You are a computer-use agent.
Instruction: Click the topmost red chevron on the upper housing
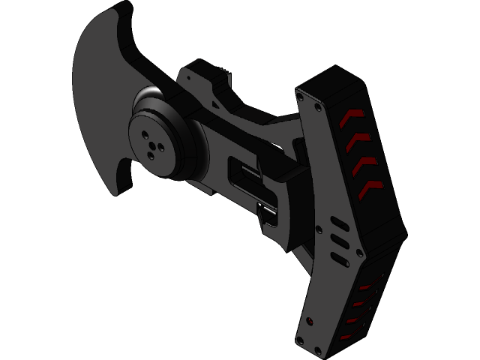[x=351, y=116]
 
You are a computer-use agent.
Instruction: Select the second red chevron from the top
[x=358, y=139]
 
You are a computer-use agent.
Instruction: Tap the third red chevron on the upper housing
[x=365, y=163]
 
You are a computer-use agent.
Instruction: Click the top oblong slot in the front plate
[x=338, y=225]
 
